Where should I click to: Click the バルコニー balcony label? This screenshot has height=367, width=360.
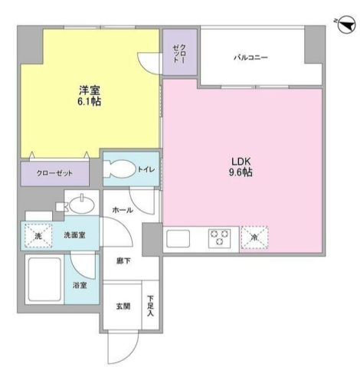point(250,58)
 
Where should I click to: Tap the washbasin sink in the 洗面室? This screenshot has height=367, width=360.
point(80,205)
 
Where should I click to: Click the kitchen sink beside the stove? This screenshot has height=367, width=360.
point(178,238)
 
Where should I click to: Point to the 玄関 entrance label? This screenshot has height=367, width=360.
point(123,306)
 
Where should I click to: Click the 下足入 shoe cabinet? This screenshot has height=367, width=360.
point(151,307)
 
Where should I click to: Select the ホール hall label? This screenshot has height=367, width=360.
point(122,209)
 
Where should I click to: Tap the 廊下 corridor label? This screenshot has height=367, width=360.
point(123,261)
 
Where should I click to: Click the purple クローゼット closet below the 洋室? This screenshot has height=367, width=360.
point(55,173)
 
